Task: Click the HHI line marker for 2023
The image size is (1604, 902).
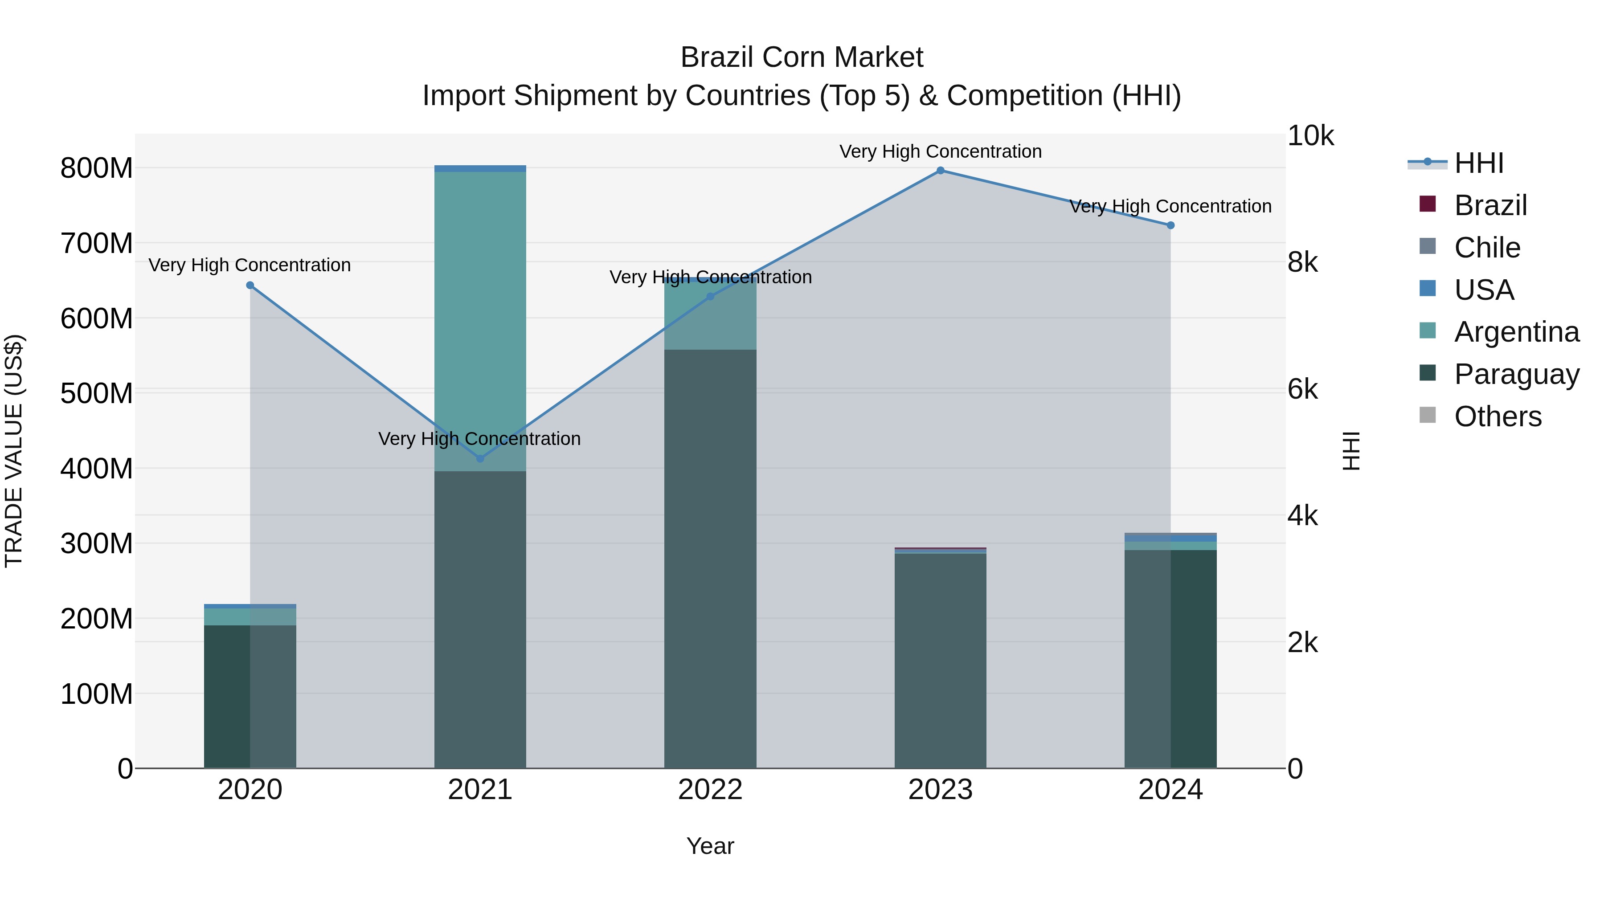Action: pyautogui.click(x=940, y=171)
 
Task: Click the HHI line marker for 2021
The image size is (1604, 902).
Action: pyautogui.click(x=480, y=459)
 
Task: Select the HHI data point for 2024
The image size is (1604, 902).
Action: pyautogui.click(x=1170, y=225)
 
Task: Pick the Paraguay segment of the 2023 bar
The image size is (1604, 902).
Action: pyautogui.click(x=940, y=660)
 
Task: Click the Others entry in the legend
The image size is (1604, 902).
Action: pyautogui.click(x=1498, y=416)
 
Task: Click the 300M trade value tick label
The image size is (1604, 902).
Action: pyautogui.click(x=97, y=544)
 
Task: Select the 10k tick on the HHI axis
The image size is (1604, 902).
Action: pyautogui.click(x=1310, y=136)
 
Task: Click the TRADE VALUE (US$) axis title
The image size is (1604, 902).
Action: pyautogui.click(x=14, y=451)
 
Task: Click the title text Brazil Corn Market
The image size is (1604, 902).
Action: pyautogui.click(x=802, y=57)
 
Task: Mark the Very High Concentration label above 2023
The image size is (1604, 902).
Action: pyautogui.click(x=940, y=151)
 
